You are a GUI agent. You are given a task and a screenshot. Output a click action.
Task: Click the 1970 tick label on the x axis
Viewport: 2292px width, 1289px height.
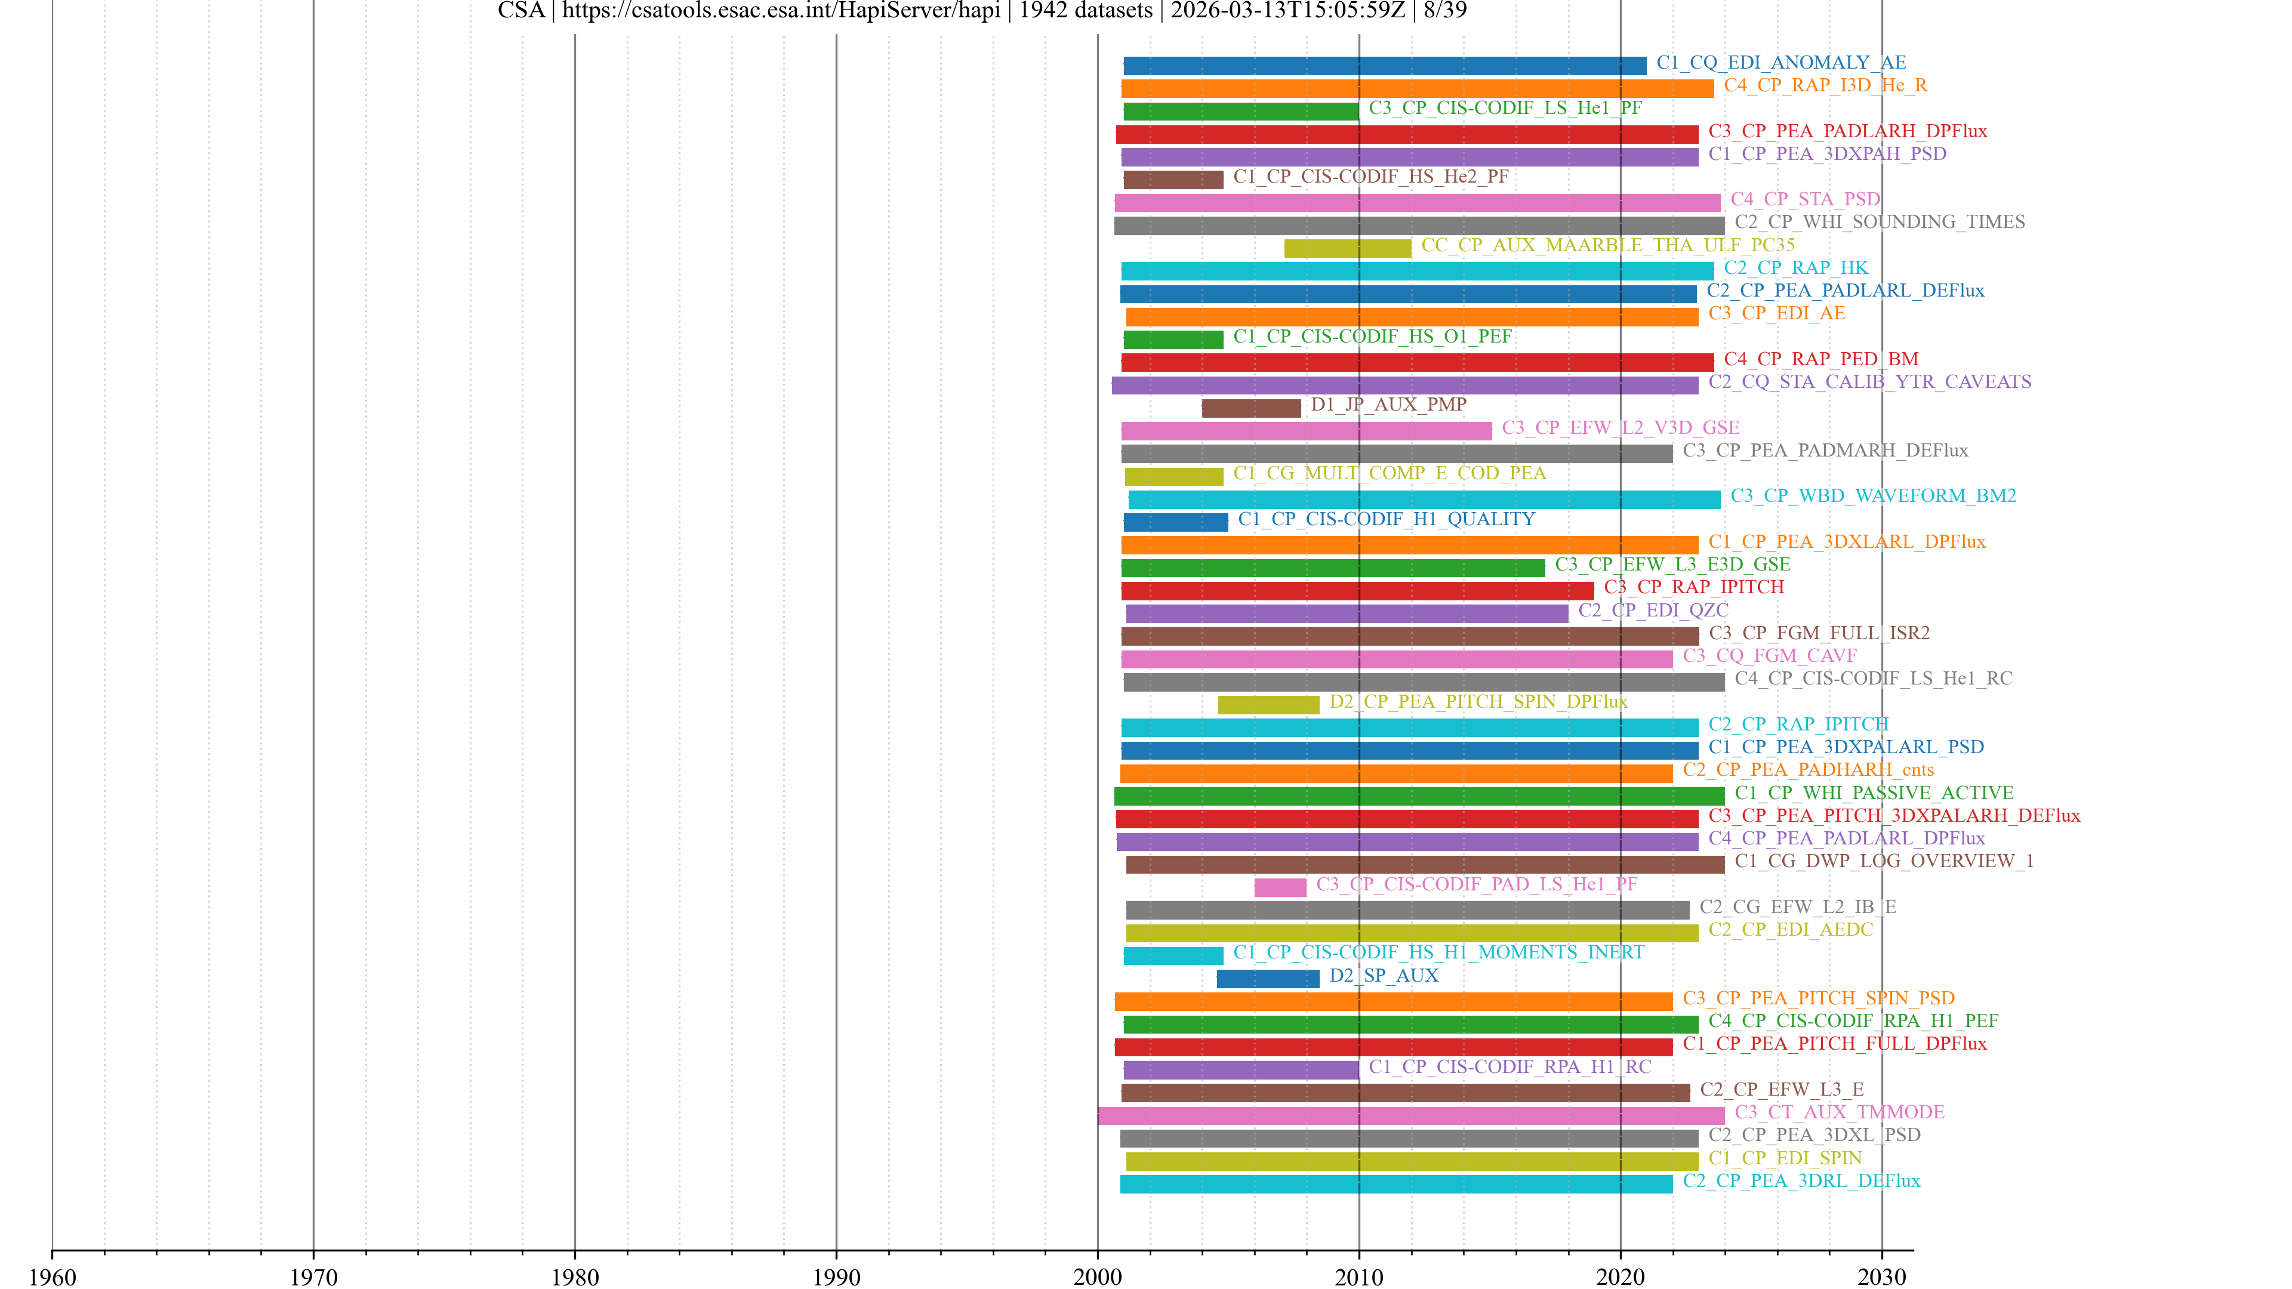coord(313,1276)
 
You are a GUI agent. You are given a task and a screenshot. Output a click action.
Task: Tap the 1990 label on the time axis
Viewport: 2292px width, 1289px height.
coord(836,1276)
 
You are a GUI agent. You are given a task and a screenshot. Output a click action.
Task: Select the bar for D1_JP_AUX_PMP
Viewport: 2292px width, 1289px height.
coord(1251,408)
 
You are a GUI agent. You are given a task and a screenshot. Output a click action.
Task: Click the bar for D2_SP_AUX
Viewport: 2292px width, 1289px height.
coord(1268,979)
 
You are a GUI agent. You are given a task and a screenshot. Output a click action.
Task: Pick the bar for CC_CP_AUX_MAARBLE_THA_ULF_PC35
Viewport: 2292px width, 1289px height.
coord(1347,248)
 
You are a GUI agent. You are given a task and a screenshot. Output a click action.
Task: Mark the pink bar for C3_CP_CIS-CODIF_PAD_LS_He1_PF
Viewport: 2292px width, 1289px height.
coord(1280,887)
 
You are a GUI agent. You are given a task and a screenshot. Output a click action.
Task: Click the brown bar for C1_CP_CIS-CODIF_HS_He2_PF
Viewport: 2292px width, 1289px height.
coord(1173,180)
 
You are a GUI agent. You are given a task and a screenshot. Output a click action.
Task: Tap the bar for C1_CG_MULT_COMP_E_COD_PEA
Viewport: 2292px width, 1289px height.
coord(1173,476)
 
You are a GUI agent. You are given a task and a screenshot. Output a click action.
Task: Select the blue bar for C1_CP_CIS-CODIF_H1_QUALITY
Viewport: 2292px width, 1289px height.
coord(1175,522)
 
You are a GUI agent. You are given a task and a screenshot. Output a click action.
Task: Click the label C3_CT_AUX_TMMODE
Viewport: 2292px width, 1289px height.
coord(1839,1112)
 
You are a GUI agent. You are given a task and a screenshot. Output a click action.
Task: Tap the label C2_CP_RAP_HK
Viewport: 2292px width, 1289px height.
coord(1795,268)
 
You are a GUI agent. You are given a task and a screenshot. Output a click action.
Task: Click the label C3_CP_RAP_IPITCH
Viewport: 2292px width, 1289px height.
coord(1693,587)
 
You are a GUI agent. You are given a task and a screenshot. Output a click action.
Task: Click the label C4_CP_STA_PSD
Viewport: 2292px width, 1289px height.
coord(1806,199)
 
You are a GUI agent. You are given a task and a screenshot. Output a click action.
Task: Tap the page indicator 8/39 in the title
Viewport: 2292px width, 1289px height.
coord(1445,11)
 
